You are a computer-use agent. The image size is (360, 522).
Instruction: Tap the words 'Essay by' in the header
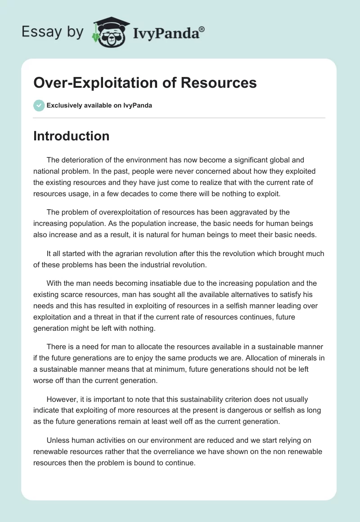52,31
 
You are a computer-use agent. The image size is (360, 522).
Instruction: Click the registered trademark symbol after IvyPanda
202,29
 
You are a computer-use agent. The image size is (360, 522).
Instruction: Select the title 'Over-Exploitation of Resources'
145,83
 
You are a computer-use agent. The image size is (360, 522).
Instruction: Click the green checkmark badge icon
39,105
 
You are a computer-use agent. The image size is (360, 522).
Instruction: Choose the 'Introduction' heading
71,136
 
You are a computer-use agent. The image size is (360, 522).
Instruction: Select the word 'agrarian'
120,253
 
